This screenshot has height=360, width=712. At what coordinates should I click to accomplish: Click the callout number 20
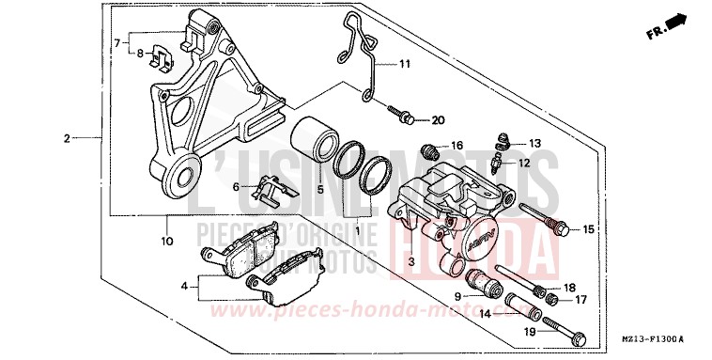[x=438, y=121]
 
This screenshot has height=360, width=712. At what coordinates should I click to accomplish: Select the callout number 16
[x=457, y=146]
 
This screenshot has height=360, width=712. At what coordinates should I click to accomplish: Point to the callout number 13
[x=534, y=143]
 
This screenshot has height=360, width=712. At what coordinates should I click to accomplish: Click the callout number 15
[x=588, y=229]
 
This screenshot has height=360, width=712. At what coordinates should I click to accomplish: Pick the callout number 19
[x=531, y=332]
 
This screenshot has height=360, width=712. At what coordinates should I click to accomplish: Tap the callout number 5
[x=319, y=189]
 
